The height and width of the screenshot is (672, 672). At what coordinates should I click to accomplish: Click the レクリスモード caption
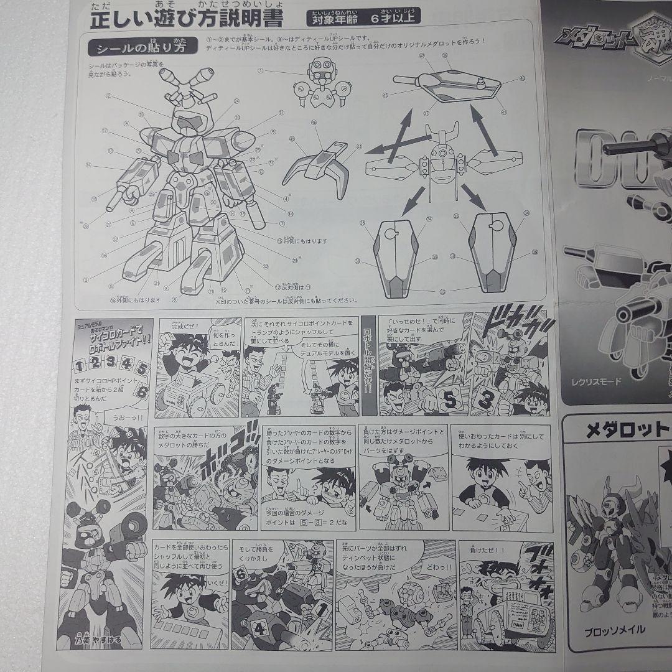point(597,381)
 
